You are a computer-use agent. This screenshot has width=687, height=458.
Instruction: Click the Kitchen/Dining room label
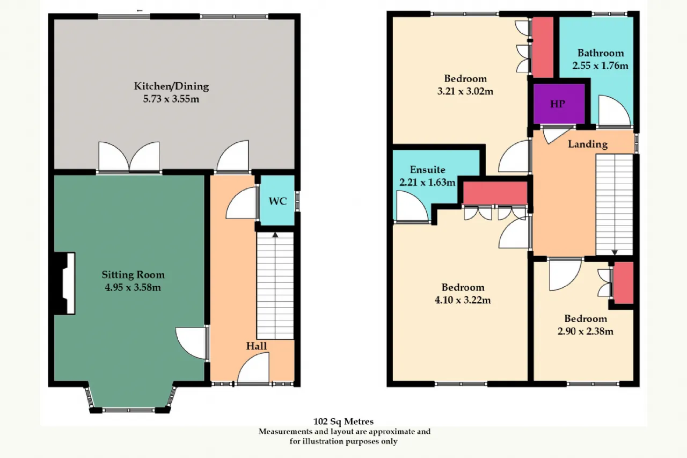pos(171,86)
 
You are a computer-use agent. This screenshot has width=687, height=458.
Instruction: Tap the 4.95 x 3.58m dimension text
pos(133,287)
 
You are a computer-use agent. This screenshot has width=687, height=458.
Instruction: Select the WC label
pos(277,201)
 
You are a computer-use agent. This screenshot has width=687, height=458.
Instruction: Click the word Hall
pos(257,346)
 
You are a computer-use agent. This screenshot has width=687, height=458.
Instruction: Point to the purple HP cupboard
pos(559,104)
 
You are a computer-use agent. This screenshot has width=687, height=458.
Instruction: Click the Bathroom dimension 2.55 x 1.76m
pos(600,66)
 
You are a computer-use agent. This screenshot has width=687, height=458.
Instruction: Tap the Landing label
pos(588,144)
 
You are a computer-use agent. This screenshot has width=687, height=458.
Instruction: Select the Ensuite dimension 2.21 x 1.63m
pos(427,183)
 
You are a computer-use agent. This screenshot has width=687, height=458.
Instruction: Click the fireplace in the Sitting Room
pos(65,283)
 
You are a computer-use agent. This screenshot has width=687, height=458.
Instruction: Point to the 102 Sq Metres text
pos(343,421)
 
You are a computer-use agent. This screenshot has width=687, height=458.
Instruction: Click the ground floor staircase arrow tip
pos(275,233)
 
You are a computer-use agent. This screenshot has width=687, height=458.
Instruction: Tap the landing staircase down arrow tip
pos(615,255)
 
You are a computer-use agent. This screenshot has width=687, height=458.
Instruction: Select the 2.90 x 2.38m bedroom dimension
pos(586,331)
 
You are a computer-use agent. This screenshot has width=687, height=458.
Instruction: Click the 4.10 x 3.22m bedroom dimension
pos(463,300)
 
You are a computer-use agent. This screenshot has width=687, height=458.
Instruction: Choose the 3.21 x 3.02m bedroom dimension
pos(465,91)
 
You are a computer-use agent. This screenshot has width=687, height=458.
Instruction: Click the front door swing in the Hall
pos(253,367)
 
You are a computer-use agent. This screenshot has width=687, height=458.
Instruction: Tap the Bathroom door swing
pos(615,111)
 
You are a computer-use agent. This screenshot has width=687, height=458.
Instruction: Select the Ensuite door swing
pos(411,206)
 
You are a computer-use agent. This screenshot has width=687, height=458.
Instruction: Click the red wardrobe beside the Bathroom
pos(542,47)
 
